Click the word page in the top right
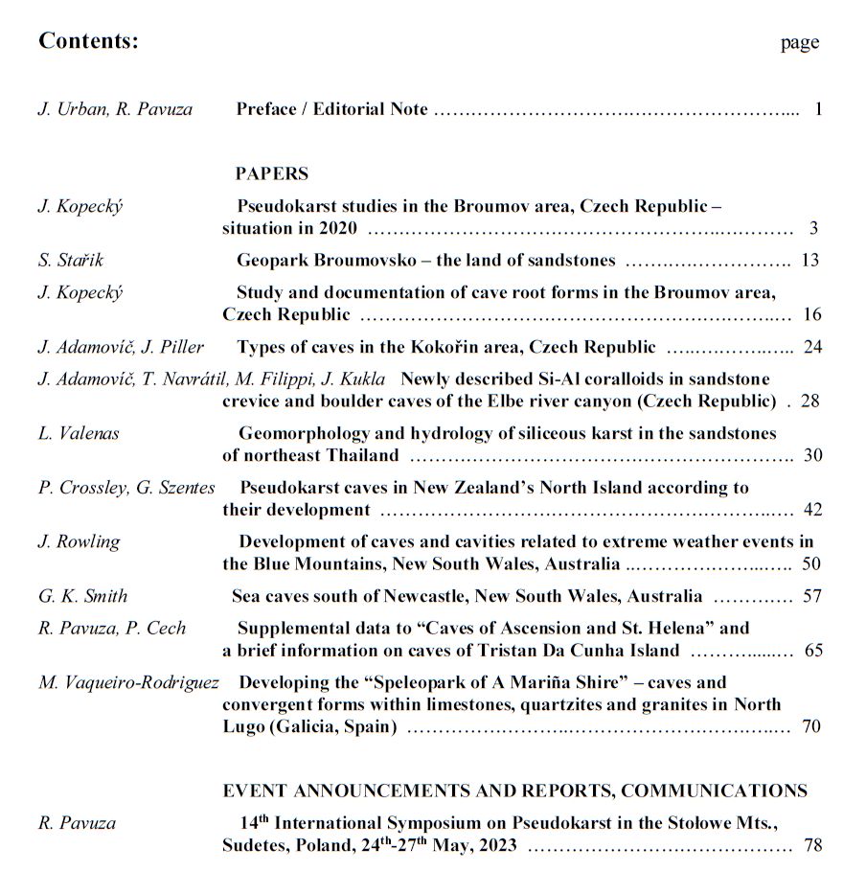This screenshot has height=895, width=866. point(800,42)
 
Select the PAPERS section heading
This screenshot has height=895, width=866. point(272,173)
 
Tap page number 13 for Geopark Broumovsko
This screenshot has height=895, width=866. point(811,261)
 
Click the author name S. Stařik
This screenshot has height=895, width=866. point(70,261)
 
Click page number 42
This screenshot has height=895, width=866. point(812,510)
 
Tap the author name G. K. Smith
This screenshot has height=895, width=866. point(82,596)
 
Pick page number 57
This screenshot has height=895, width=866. point(812,596)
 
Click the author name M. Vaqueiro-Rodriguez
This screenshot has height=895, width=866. point(128,683)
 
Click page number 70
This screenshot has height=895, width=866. point(811,726)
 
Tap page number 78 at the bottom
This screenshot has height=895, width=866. point(812,846)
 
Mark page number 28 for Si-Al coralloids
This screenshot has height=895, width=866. point(809,401)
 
